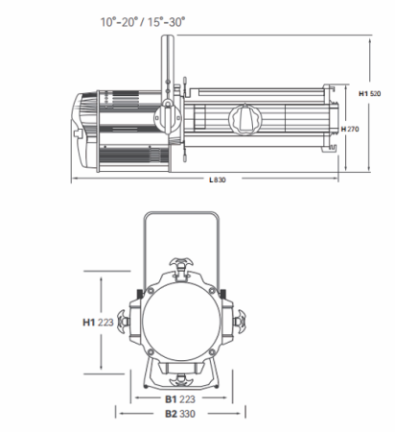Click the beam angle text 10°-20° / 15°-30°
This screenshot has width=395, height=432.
pyautogui.click(x=143, y=22)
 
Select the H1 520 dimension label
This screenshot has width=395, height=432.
pyautogui.click(x=370, y=94)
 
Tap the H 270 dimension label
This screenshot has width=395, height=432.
pyautogui.click(x=350, y=129)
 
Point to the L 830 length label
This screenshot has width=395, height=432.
pyautogui.click(x=218, y=180)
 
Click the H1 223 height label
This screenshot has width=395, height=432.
pyautogui.click(x=98, y=323)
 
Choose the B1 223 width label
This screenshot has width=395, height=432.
pyautogui.click(x=180, y=399)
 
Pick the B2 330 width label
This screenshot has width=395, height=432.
pyautogui.click(x=180, y=414)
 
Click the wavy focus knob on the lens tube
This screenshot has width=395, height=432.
pyautogui.click(x=245, y=119)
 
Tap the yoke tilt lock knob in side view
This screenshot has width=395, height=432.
pyautogui.click(x=168, y=117)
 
